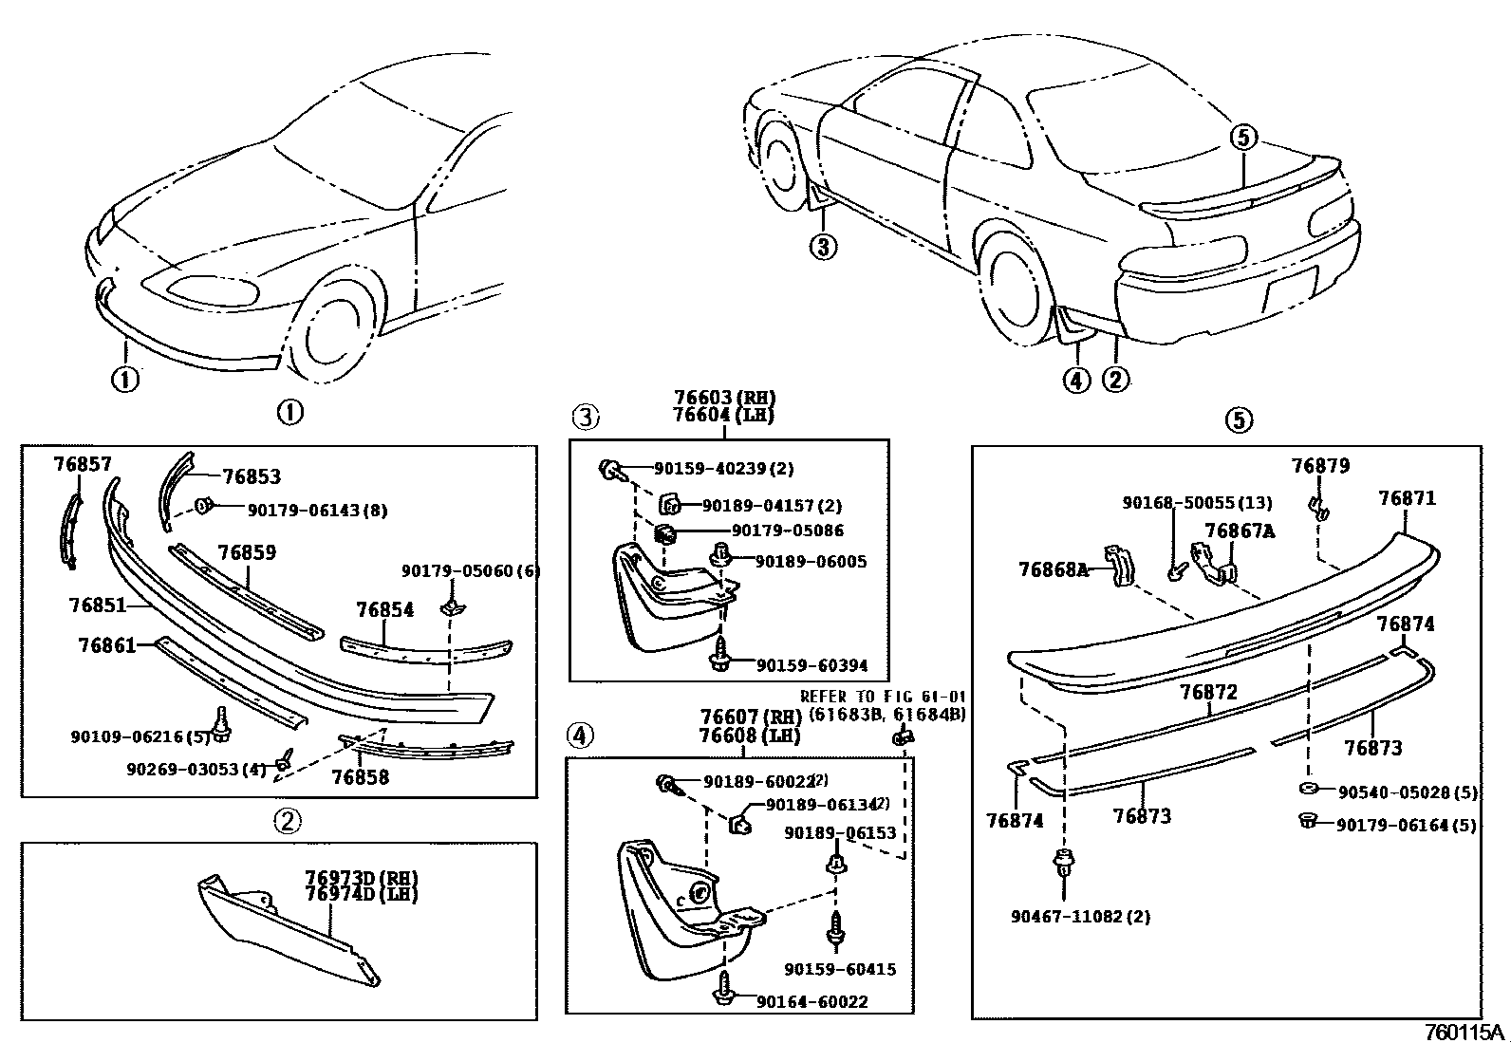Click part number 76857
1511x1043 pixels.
[83, 464]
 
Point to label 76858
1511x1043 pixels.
[360, 777]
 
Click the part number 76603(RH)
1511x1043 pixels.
[724, 398]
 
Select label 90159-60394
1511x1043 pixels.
[811, 665]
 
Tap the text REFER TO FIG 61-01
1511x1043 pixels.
[882, 697]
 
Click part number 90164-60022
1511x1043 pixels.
[811, 1001]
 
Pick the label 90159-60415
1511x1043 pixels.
[840, 969]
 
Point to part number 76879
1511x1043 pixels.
[1319, 466]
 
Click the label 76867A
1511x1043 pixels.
[1239, 531]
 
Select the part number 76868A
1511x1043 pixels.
[1053, 569]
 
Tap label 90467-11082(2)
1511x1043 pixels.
[1067, 917]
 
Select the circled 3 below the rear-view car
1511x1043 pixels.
[823, 248]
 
